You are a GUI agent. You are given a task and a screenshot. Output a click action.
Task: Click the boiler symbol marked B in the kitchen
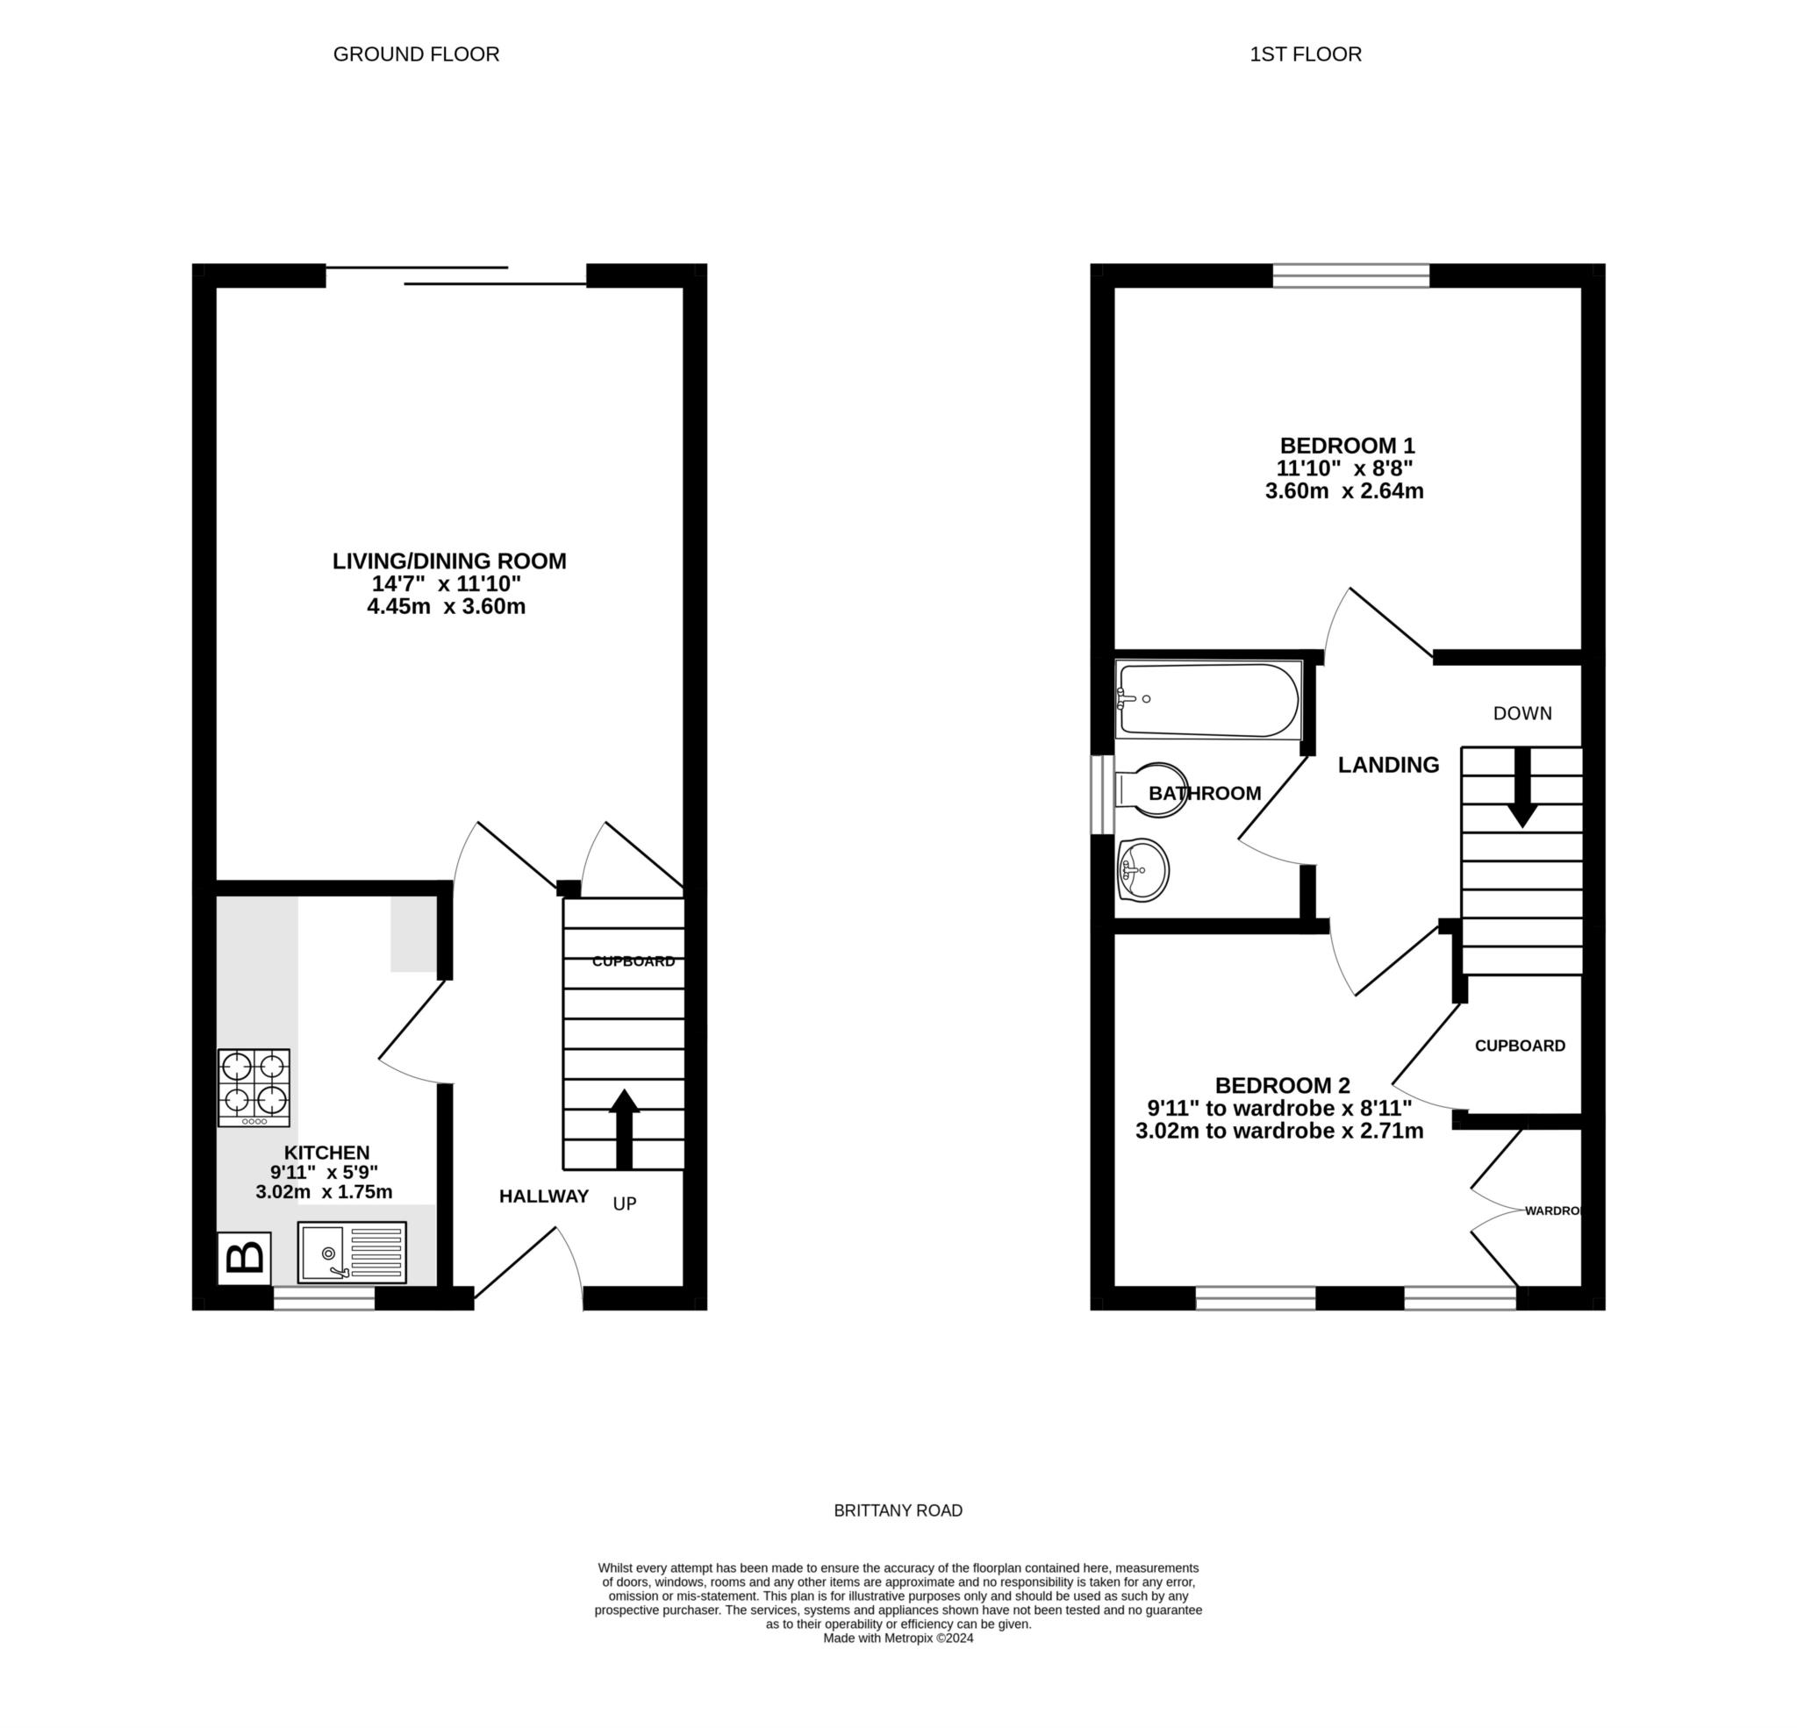pos(244,1257)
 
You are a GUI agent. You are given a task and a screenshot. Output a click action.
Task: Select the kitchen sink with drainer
pos(352,1253)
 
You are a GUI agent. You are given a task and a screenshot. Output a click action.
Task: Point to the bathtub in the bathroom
pos(1207,700)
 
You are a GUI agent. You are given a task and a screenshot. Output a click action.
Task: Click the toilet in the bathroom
pos(1151,789)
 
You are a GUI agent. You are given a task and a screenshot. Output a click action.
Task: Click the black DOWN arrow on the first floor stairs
pos(1522,788)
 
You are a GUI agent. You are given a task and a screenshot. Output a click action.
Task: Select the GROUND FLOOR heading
pos(416,54)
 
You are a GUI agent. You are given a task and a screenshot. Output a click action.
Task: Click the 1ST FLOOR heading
pos(1306,54)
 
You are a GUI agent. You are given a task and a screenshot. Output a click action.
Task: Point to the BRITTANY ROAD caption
pos(898,1510)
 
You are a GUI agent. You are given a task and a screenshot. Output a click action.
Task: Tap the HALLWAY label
pos(544,1196)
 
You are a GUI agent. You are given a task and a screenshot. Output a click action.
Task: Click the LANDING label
pos(1388,765)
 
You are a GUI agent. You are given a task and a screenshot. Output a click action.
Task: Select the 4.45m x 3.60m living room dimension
pos(447,606)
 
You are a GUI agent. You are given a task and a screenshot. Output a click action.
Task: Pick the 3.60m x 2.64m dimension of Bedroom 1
pos(1344,490)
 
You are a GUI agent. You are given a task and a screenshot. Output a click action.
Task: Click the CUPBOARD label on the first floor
pos(1519,1046)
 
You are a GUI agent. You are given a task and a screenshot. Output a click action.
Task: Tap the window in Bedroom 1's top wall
pos(1350,275)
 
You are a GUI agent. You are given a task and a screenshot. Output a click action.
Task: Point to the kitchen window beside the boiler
pos(325,1297)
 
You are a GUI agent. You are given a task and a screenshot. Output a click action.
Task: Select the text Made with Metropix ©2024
pos(898,1639)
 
